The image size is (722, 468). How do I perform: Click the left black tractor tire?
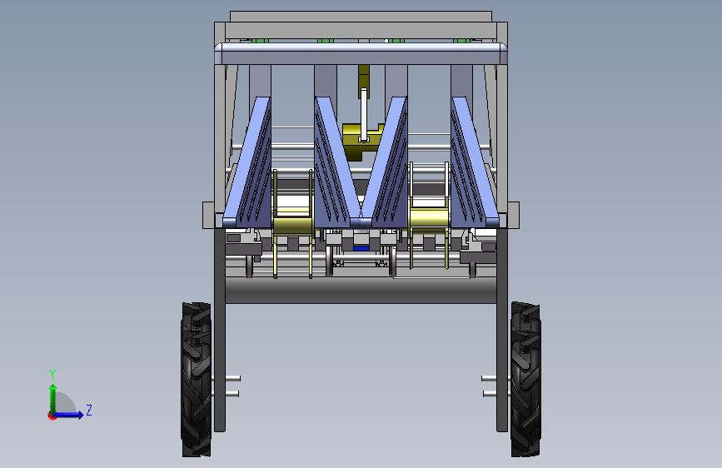coord(197,380)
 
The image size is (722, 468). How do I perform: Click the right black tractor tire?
coord(525,380)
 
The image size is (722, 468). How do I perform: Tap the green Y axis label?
coord(52,374)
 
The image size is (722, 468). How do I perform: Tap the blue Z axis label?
coord(89,410)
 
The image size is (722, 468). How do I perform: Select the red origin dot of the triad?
coord(52,416)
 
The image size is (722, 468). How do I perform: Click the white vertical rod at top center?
coord(364,115)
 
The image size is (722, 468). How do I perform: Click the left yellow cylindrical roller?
coord(293,225)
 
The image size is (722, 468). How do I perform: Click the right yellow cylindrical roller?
coord(429,217)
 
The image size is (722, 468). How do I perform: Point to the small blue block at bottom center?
coord(361,248)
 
